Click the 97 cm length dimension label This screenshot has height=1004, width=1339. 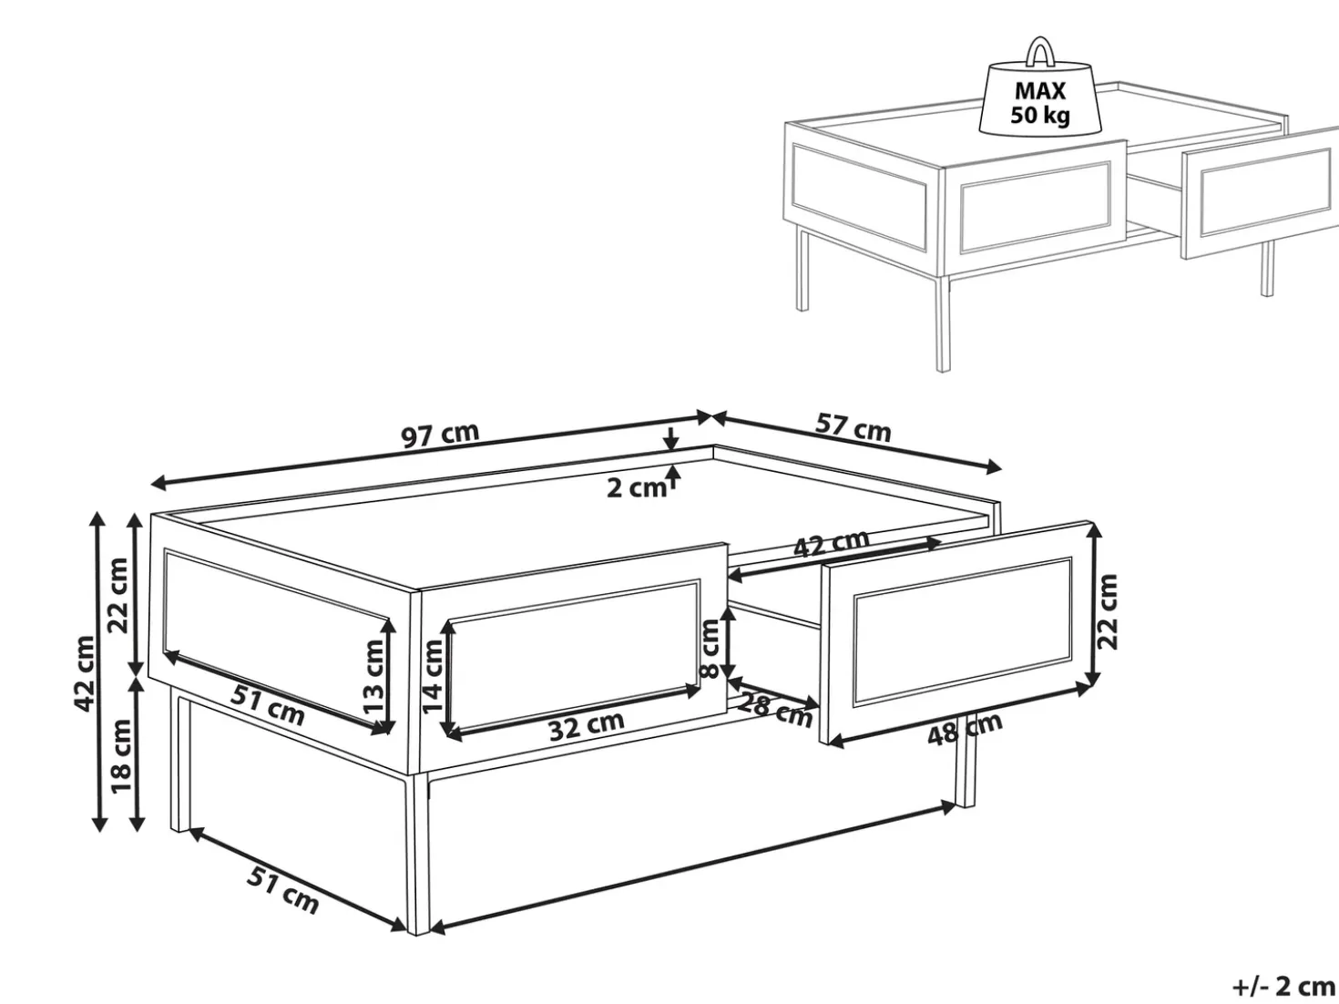click(441, 435)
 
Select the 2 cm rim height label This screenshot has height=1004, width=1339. click(637, 488)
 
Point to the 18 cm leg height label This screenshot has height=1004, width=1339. click(121, 756)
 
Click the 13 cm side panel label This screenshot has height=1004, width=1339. click(373, 677)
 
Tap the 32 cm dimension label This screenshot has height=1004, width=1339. click(587, 726)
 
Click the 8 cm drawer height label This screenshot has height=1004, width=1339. click(710, 649)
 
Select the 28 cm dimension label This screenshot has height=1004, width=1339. click(775, 712)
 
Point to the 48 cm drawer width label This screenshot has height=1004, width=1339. click(965, 730)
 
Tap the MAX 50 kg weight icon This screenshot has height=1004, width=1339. click(1039, 93)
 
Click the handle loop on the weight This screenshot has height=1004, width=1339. click(1038, 52)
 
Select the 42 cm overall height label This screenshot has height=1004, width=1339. click(85, 673)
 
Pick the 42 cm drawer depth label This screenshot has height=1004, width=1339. click(831, 543)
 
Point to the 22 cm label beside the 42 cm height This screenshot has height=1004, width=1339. click(118, 596)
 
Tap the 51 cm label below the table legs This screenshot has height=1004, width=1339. click(282, 893)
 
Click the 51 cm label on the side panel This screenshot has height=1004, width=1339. click(267, 705)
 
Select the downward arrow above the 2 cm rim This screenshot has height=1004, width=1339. click(671, 438)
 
